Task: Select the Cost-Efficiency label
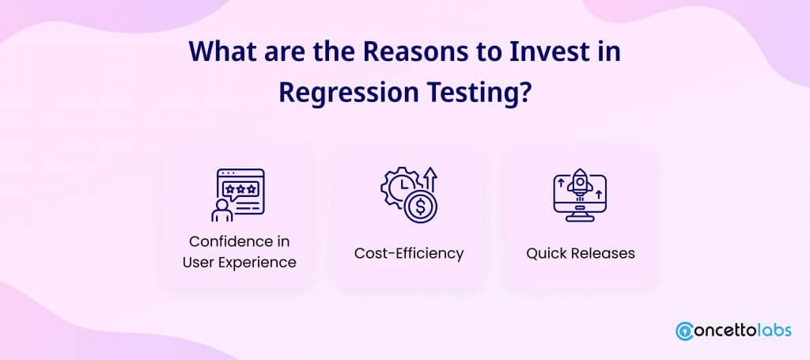tap(409, 254)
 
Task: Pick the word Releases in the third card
tap(602, 254)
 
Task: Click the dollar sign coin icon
tap(421, 207)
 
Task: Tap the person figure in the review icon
tap(221, 210)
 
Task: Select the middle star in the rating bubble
tap(240, 190)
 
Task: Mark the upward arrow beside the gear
tap(431, 180)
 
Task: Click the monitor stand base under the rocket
tap(579, 218)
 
